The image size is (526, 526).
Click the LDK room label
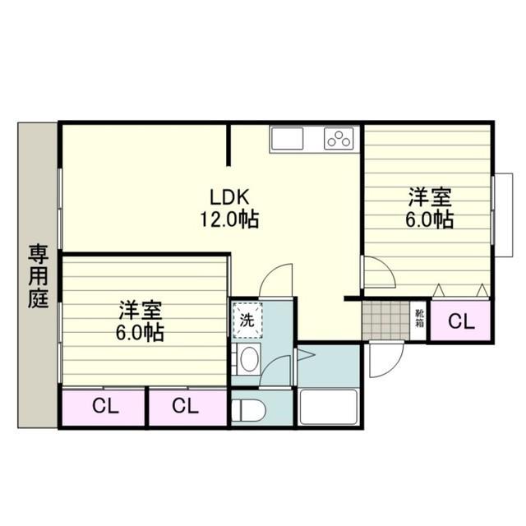pyautogui.click(x=229, y=197)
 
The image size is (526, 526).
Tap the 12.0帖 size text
pyautogui.click(x=229, y=219)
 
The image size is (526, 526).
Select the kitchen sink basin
pyautogui.click(x=288, y=139)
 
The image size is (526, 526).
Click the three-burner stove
pyautogui.click(x=339, y=138)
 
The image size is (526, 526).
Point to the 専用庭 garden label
pyautogui.click(x=39, y=276)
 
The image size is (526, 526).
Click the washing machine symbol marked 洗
pyautogui.click(x=247, y=321)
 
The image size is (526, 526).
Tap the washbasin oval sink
pyautogui.click(x=249, y=359)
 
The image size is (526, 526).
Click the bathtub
pyautogui.click(x=328, y=407)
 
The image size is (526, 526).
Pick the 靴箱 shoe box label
pyautogui.click(x=420, y=318)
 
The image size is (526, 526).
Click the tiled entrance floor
pyautogui.click(x=385, y=321)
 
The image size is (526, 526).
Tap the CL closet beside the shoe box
pyautogui.click(x=461, y=321)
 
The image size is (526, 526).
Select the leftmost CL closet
pyautogui.click(x=104, y=407)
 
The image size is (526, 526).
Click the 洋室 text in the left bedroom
pyautogui.click(x=141, y=311)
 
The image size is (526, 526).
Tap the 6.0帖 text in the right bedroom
pyautogui.click(x=430, y=219)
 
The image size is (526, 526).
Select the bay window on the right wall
pyautogui.click(x=502, y=215)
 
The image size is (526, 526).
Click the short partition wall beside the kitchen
pyautogui.click(x=228, y=145)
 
